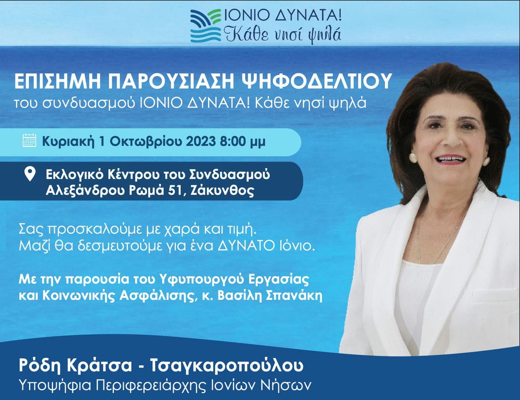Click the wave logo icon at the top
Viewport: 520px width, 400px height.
[205, 26]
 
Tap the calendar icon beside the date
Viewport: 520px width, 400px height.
[29, 140]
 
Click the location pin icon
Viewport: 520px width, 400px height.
[30, 174]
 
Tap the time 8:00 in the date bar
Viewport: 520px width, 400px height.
[233, 141]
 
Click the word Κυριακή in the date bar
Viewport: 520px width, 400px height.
[69, 142]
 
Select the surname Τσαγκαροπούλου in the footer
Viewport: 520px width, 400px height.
[227, 366]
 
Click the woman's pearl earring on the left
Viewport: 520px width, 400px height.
[413, 158]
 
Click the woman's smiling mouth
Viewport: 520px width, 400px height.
[450, 159]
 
